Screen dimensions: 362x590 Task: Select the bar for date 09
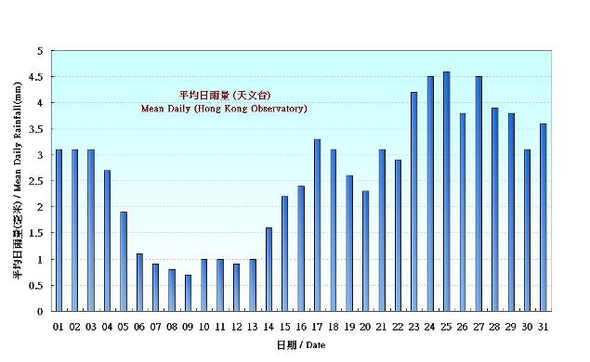188,292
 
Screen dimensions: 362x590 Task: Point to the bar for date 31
543,217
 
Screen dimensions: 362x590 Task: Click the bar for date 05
123,261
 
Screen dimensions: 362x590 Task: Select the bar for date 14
269,269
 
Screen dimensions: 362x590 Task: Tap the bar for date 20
365,251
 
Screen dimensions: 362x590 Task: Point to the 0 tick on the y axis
42,312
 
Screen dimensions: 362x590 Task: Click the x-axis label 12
236,326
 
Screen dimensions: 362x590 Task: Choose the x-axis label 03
90,326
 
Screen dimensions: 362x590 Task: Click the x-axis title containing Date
301,345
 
